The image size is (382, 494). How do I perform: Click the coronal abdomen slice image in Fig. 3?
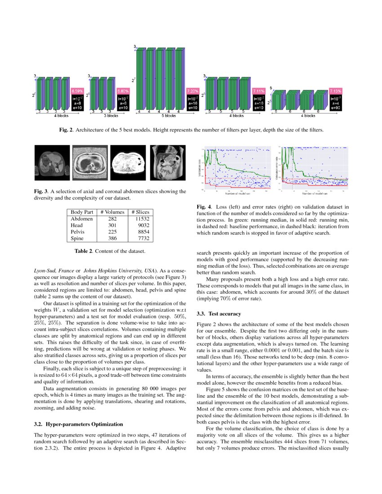point(164,162)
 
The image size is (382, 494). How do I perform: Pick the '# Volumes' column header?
point(112,212)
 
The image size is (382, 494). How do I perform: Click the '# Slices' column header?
point(140,212)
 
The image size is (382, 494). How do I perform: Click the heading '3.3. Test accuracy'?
point(219,313)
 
